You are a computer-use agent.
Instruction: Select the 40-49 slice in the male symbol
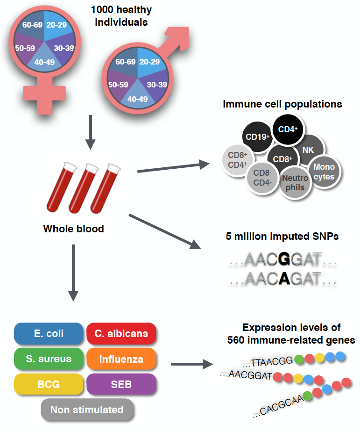(138, 97)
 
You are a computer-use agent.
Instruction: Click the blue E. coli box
(49, 334)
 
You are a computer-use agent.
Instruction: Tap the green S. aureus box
(49, 359)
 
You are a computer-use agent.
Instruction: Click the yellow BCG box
(49, 384)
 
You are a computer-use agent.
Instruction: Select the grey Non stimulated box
(87, 410)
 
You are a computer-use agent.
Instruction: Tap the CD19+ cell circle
(258, 137)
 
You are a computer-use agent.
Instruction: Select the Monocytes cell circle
(324, 172)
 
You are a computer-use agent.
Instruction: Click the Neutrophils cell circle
(295, 182)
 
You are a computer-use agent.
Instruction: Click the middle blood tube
(85, 187)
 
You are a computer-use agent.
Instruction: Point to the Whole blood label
(73, 229)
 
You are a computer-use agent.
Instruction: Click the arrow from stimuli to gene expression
(191, 364)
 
